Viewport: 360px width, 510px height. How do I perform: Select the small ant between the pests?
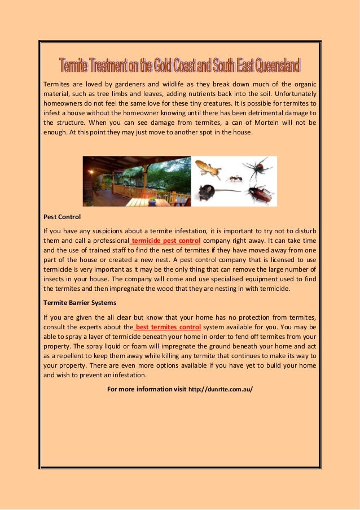point(234,178)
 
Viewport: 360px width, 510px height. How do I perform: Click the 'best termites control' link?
point(167,326)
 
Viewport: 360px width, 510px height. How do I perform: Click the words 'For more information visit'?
point(146,389)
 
